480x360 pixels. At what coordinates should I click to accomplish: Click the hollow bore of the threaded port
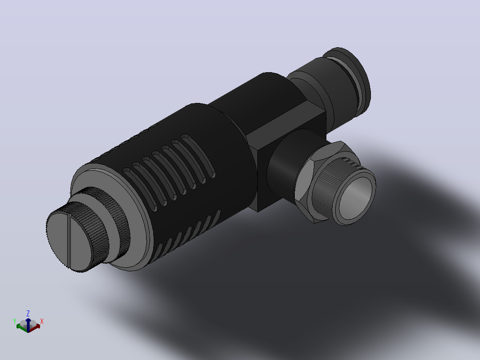coord(356,198)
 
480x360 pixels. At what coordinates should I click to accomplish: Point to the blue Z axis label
coord(28,313)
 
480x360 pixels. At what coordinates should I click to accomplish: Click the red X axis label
coord(42,321)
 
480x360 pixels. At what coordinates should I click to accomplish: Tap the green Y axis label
coord(15,321)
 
